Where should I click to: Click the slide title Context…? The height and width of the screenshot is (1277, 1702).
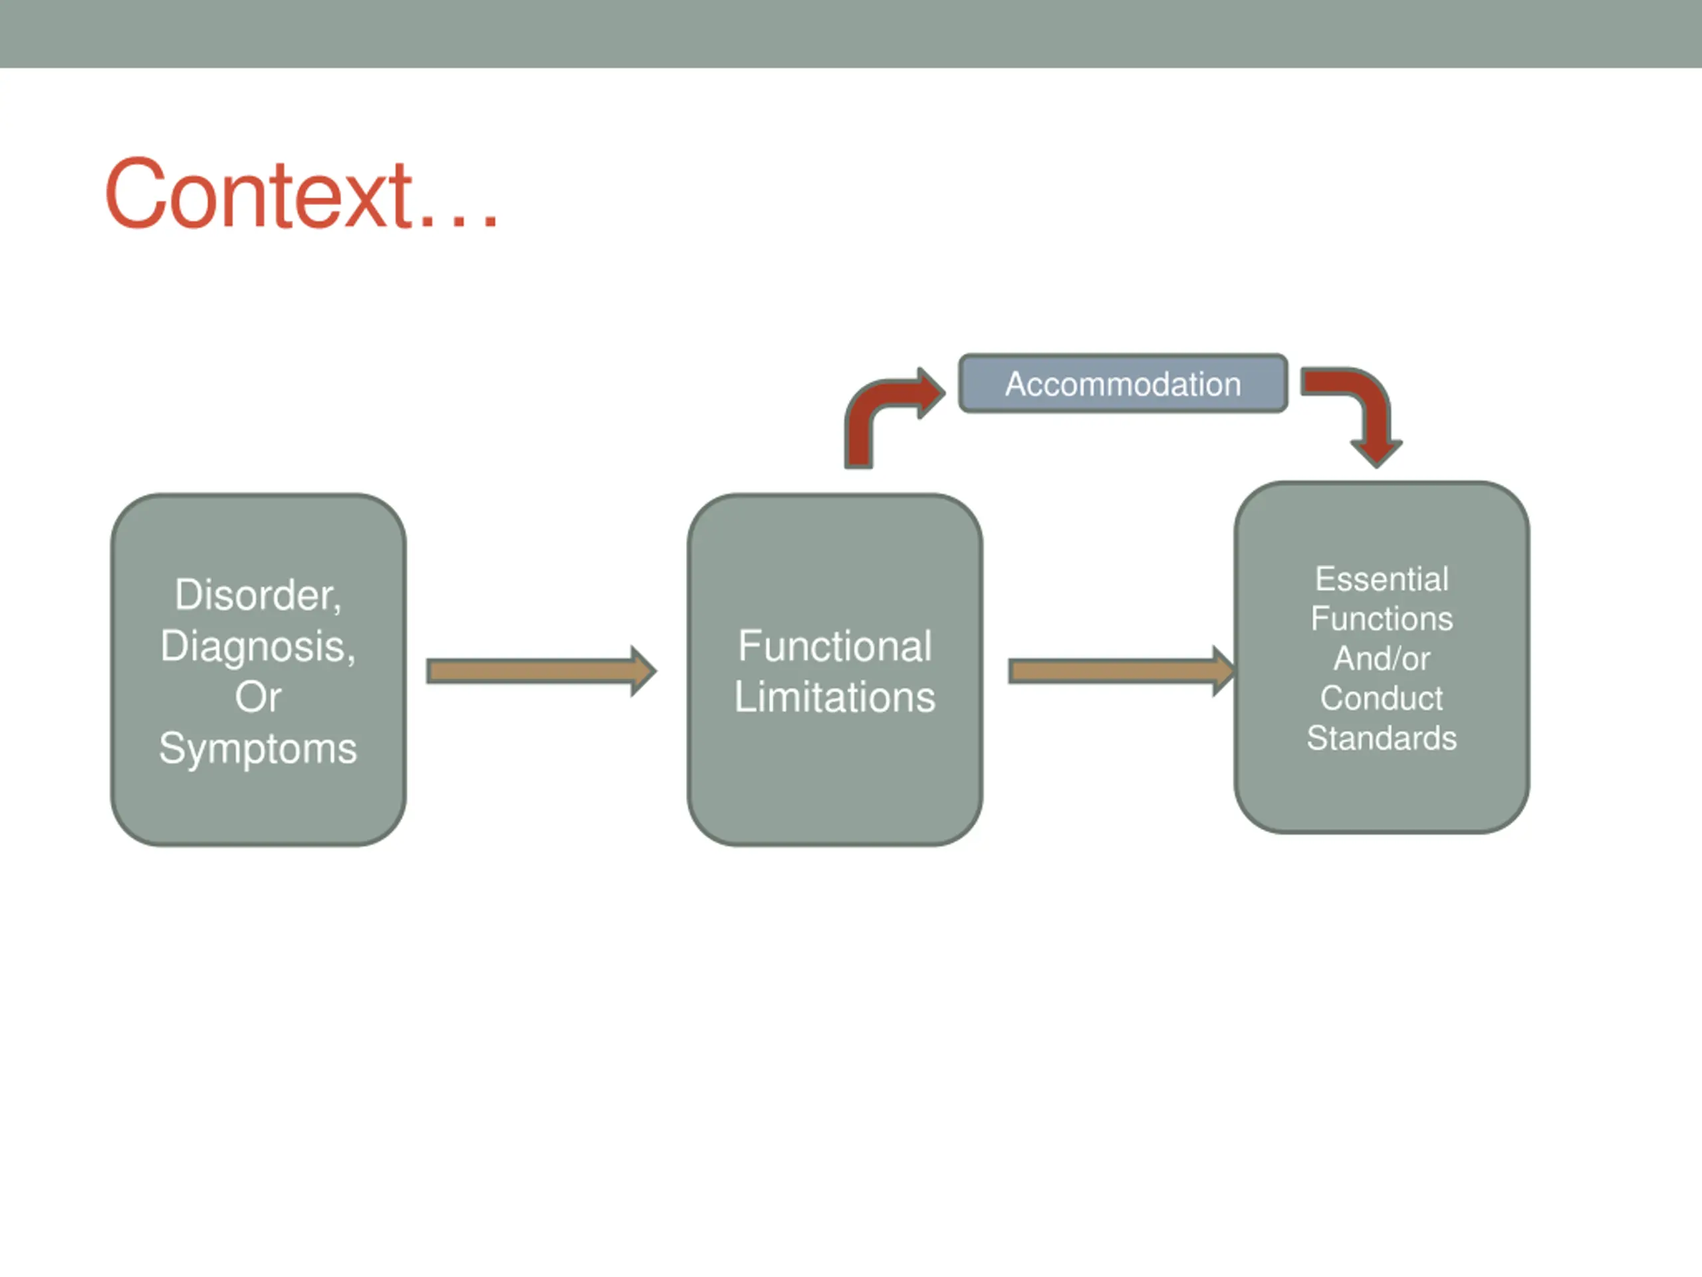coord(302,194)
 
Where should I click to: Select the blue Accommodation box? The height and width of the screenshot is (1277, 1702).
coord(1123,383)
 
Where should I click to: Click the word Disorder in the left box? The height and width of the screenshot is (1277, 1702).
coord(258,595)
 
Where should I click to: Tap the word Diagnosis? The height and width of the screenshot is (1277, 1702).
coord(258,646)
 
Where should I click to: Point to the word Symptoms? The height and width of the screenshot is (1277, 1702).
coord(258,749)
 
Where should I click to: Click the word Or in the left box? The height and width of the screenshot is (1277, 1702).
coord(258,698)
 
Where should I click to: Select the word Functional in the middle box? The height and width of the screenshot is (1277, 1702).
coord(835,645)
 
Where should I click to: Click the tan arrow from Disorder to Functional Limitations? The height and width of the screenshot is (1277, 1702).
coord(542,671)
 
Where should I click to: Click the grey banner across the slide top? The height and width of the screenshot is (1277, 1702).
coord(851,34)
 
